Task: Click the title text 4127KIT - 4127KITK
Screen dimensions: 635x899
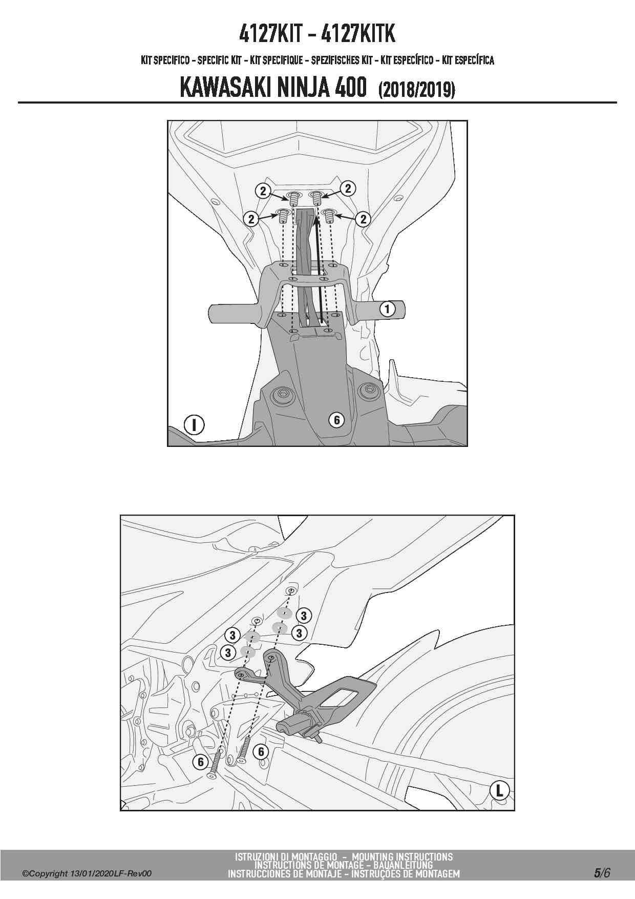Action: pyautogui.click(x=317, y=34)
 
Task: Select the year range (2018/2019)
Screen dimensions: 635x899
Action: pyautogui.click(x=416, y=90)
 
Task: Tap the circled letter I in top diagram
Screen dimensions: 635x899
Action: pyautogui.click(x=195, y=425)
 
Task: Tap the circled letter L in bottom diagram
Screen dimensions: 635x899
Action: pyautogui.click(x=499, y=790)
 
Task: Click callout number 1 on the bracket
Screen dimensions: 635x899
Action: pyautogui.click(x=388, y=309)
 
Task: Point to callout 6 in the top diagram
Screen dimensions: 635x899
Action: pyautogui.click(x=336, y=420)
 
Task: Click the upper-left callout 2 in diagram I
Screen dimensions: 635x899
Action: pyautogui.click(x=263, y=191)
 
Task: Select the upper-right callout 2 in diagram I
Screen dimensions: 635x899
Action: pyautogui.click(x=348, y=188)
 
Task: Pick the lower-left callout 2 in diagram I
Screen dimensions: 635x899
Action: pyautogui.click(x=251, y=219)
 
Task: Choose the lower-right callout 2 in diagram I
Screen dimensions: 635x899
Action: pyautogui.click(x=363, y=219)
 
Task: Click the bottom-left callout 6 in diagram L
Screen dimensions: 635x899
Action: pyautogui.click(x=201, y=762)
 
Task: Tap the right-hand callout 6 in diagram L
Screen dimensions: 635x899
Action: pyautogui.click(x=261, y=751)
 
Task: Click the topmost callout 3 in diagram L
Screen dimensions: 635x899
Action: pyautogui.click(x=304, y=615)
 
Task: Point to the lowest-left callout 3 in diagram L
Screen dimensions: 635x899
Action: pyautogui.click(x=228, y=652)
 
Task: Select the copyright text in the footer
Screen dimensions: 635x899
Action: pyautogui.click(x=87, y=874)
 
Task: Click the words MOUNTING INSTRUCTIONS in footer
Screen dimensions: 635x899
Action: pyautogui.click(x=402, y=856)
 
